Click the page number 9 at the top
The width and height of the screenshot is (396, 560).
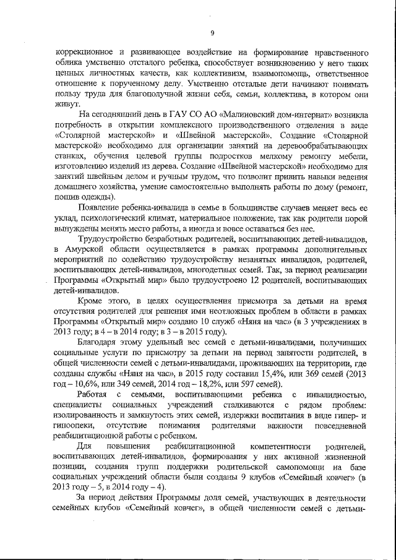pyautogui.click(x=212, y=33)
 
